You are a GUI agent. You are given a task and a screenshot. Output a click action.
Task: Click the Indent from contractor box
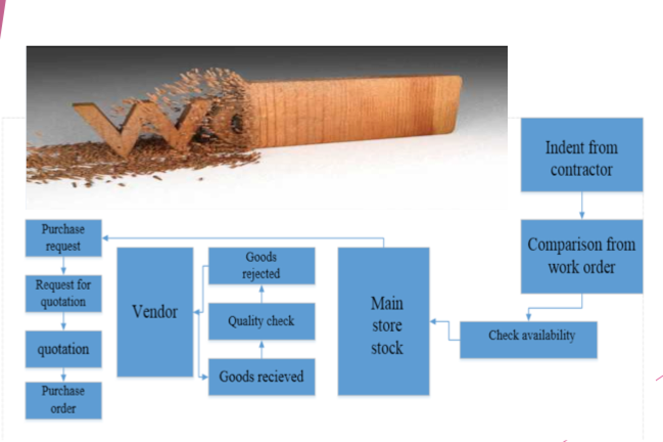click(581, 154)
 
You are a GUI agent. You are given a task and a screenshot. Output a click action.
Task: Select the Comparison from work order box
click(581, 256)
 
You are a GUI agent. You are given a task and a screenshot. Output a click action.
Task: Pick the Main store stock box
click(384, 321)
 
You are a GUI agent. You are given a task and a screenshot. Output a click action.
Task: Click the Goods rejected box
click(262, 266)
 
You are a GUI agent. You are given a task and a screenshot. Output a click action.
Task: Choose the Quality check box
click(262, 321)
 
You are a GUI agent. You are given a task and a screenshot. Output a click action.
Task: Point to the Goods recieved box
click(262, 377)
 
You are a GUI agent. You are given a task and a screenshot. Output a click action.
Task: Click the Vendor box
click(155, 312)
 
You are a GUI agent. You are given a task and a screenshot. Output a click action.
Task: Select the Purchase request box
click(63, 238)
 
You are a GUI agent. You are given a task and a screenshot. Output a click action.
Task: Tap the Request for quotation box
click(63, 293)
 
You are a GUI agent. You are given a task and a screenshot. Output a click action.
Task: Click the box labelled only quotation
click(63, 349)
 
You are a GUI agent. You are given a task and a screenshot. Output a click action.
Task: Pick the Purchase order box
click(63, 401)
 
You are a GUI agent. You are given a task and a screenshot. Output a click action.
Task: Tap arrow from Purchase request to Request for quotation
click(63, 266)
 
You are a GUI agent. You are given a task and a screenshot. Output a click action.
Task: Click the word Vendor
click(155, 312)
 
